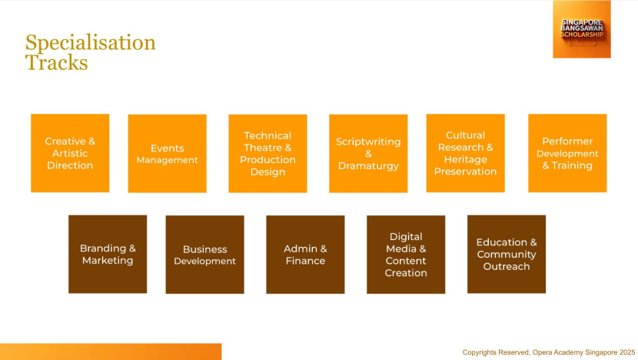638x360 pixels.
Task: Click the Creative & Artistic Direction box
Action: click(70, 153)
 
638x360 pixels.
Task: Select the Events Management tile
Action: click(168, 154)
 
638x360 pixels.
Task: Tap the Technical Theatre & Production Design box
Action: click(267, 154)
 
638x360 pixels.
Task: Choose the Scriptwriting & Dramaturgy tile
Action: click(368, 154)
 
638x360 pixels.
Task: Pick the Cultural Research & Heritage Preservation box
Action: click(466, 153)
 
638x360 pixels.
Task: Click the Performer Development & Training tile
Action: click(567, 153)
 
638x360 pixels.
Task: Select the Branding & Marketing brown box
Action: click(108, 254)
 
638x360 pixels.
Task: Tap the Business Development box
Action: click(204, 255)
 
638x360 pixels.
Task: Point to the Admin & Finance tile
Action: click(305, 255)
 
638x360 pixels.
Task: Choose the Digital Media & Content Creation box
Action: click(406, 255)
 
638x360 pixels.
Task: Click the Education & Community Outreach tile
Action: click(507, 254)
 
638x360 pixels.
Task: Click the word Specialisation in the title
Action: click(91, 43)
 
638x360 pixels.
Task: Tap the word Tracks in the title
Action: click(57, 62)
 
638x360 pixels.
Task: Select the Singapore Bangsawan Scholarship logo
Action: click(582, 29)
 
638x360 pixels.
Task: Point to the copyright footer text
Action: click(549, 352)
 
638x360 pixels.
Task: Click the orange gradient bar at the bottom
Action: click(111, 352)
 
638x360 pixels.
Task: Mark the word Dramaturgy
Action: click(368, 166)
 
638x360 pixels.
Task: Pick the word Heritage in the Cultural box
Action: click(466, 160)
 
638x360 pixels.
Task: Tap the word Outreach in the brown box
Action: click(507, 267)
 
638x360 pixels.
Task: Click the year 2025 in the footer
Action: click(627, 352)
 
